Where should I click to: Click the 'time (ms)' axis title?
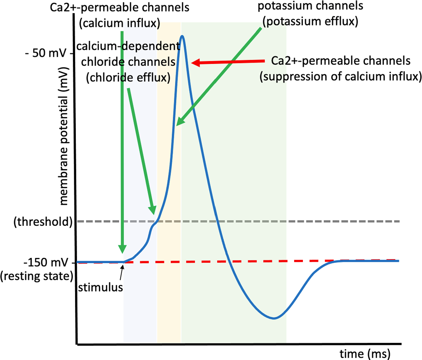[x=365, y=352]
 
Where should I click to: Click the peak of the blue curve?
[x=182, y=36]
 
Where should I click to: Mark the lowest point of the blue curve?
[x=273, y=318]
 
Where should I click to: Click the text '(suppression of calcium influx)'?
[x=340, y=76]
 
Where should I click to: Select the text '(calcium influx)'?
[x=119, y=24]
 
